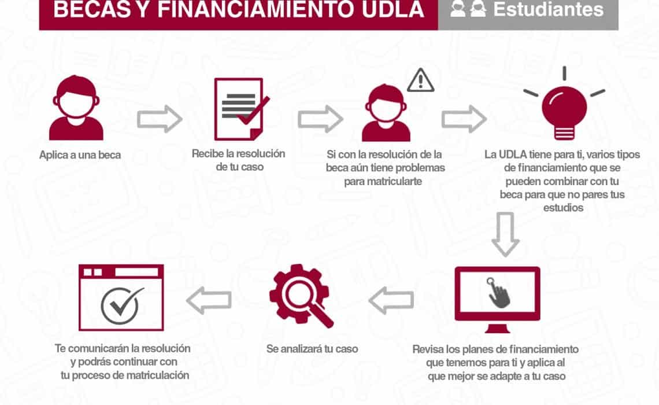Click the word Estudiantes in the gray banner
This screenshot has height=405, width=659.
coord(549,9)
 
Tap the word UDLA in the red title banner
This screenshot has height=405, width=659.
coord(393,10)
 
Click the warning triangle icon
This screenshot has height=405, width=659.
coord(421,79)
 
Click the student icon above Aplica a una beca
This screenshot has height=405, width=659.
coord(76,108)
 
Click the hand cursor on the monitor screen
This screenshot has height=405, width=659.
coord(498,293)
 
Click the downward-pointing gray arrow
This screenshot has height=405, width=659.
coord(505,234)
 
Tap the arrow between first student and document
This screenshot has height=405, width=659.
coord(160,119)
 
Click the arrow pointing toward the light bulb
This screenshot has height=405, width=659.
coord(464,119)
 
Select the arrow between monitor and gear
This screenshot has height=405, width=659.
coord(391,300)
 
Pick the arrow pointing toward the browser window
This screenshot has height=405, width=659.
coord(209,300)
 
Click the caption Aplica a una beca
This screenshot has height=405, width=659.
coord(80,154)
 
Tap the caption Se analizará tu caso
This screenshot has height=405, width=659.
coord(312,349)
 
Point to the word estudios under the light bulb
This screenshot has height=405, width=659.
coord(563,208)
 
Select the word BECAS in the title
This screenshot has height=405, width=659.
coord(92,10)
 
